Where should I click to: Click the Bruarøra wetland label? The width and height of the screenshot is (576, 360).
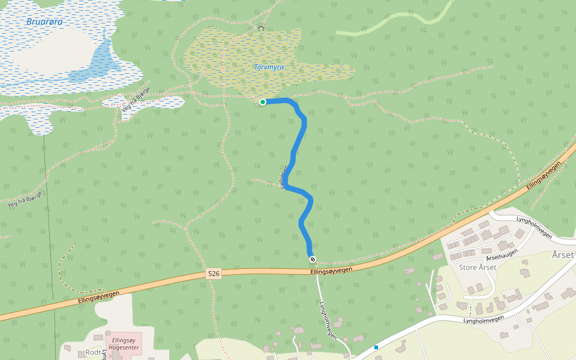[x=44, y=22]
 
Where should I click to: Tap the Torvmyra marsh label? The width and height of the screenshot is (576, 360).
[x=268, y=67]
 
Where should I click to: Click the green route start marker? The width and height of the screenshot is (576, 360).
[x=263, y=102]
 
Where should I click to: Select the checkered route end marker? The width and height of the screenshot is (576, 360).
[x=313, y=259]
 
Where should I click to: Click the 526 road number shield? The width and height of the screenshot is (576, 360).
[x=214, y=274]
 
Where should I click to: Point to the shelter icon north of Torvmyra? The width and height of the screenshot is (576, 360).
[x=260, y=28]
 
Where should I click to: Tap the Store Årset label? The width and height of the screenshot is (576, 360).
[x=478, y=267]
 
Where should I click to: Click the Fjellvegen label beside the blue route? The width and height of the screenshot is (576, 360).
[x=283, y=177]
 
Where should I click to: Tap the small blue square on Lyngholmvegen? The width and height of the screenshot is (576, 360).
[x=376, y=347]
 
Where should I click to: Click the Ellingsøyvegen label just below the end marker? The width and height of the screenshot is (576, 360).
[x=331, y=271]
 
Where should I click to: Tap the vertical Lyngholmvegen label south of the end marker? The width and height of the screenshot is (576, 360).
[x=329, y=320]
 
